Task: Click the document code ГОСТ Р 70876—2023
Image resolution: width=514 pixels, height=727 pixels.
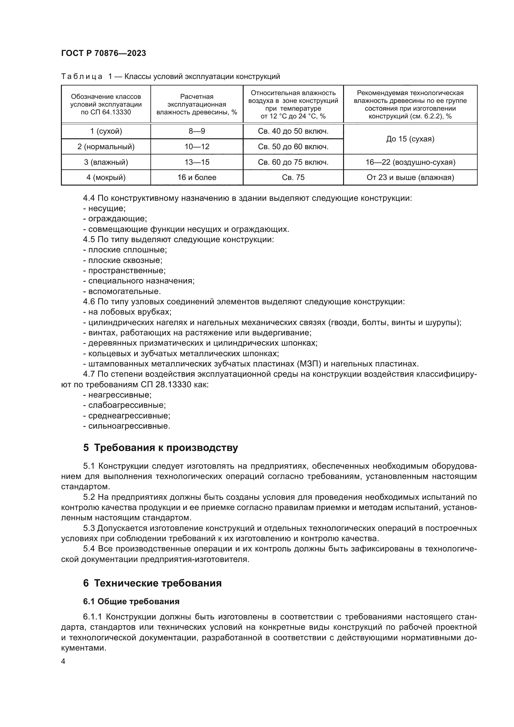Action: coord(103,53)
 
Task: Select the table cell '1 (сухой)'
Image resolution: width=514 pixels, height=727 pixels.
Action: coord(106,131)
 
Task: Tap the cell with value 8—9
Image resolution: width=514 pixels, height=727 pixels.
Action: coord(196,131)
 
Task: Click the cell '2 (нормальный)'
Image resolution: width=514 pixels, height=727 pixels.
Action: coord(106,147)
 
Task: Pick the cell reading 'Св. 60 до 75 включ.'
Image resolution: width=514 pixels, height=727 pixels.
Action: coord(293,162)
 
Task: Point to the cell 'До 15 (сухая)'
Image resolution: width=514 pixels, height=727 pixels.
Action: coord(410,139)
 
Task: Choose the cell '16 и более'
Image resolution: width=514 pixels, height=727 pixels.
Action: coord(196,177)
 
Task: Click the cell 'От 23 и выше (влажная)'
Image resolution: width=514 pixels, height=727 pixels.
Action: coord(410,177)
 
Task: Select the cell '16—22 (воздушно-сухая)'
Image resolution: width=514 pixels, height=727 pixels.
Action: coord(410,162)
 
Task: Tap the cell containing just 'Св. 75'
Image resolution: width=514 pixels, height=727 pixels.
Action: coord(293,177)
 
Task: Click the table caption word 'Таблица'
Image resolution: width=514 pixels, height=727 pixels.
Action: coord(82,77)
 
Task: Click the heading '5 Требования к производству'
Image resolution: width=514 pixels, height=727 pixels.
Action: coord(160,448)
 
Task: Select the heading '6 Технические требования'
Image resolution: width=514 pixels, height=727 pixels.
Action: coord(152,583)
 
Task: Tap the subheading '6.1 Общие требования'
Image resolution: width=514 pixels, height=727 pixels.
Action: coord(131,601)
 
